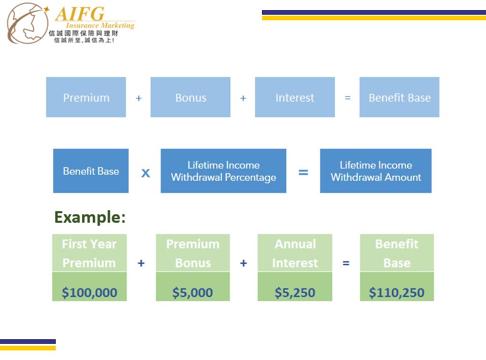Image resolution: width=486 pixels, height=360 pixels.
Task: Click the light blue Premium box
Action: click(x=86, y=97)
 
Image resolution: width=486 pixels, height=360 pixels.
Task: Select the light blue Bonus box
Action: click(x=191, y=97)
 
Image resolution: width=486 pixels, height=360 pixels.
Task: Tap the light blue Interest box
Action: click(x=295, y=97)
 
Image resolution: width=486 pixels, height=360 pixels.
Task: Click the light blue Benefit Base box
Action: click(x=399, y=97)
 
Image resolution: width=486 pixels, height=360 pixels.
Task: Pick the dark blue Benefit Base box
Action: click(x=91, y=171)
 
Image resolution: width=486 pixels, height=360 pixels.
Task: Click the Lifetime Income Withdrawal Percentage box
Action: click(x=223, y=171)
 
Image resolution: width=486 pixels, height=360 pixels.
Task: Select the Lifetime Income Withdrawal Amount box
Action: click(x=376, y=171)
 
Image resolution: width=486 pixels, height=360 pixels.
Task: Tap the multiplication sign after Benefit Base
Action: click(x=145, y=173)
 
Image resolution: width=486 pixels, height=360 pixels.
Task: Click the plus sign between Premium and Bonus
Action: click(x=138, y=98)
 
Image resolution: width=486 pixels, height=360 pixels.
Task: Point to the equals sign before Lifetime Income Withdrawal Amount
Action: click(x=303, y=172)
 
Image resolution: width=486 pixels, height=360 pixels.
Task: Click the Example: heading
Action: click(x=90, y=217)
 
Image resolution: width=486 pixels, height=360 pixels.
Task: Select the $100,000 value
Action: click(x=89, y=293)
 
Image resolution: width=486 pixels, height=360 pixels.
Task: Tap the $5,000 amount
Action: click(x=193, y=293)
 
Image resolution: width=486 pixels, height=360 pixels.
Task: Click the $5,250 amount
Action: click(x=295, y=293)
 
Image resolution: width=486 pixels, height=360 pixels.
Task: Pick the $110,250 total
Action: click(x=396, y=293)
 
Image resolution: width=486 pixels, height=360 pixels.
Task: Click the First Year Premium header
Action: click(x=89, y=253)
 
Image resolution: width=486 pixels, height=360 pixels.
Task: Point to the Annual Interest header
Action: click(x=295, y=253)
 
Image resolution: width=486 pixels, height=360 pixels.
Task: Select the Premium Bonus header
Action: click(x=193, y=253)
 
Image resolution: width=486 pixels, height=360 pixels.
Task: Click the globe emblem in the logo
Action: click(x=27, y=23)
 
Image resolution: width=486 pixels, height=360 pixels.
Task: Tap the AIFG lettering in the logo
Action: click(x=80, y=14)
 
